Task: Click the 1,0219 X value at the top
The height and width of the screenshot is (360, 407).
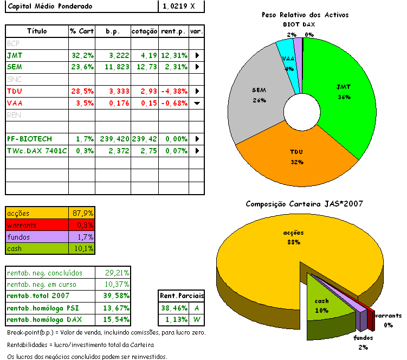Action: (176, 7)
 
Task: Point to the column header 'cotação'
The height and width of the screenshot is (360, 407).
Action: (144, 31)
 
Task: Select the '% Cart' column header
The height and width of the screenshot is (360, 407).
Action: (81, 31)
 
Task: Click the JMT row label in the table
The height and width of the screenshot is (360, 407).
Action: (15, 55)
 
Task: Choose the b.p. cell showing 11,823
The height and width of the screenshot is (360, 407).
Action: (112, 67)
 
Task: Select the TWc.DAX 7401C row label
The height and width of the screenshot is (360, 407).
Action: (37, 151)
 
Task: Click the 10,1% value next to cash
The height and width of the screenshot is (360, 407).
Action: (83, 249)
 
